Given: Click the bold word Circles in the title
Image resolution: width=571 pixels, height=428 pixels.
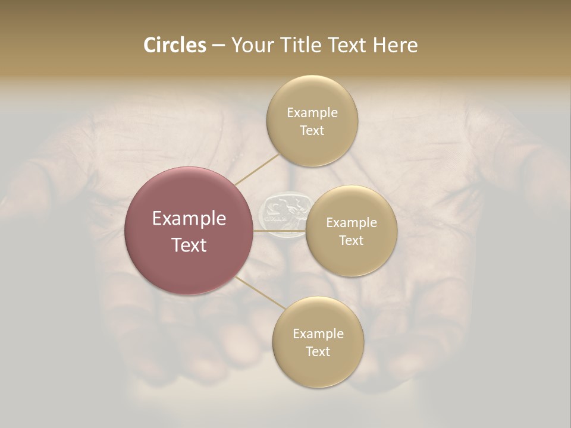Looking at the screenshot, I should (175, 45).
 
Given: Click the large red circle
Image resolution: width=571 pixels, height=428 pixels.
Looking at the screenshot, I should (189, 231).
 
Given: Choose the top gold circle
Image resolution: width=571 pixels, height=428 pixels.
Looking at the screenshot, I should (312, 121).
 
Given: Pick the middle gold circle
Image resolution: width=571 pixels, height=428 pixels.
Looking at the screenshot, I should (351, 231).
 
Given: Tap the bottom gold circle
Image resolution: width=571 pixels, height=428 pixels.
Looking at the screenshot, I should (318, 342).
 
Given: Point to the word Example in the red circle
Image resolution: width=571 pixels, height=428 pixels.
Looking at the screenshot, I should (189, 218).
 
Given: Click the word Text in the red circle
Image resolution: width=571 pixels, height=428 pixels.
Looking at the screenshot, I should (189, 244).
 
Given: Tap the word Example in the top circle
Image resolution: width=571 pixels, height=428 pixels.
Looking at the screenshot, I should (312, 112).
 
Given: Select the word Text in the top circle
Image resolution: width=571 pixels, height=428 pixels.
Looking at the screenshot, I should (312, 130).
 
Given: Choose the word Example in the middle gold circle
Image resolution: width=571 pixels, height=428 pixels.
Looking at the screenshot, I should (351, 222).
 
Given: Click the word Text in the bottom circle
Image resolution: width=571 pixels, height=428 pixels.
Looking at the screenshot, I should (318, 351).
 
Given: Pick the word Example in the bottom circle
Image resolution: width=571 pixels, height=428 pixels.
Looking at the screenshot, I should (318, 333).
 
